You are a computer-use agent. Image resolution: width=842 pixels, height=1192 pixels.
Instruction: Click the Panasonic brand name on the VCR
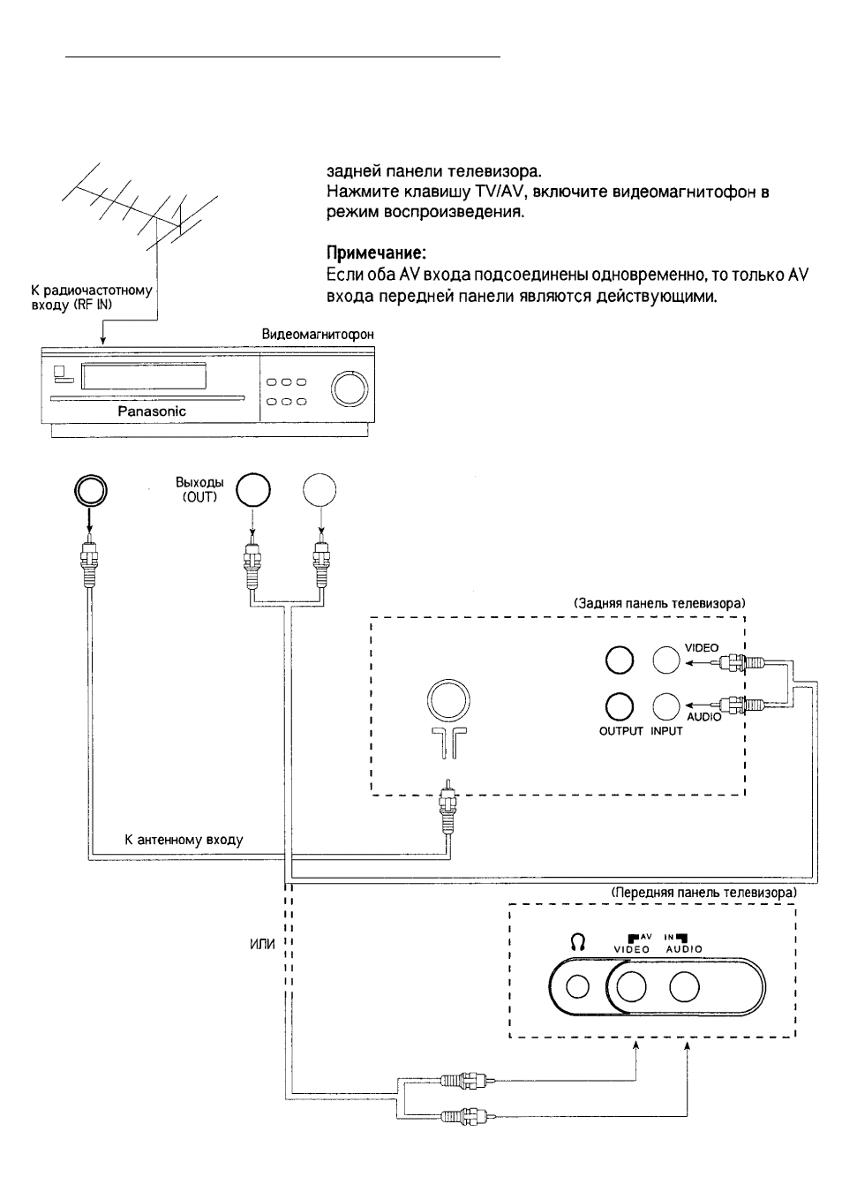(152, 411)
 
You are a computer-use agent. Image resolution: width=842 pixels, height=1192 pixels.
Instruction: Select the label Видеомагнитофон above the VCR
(318, 334)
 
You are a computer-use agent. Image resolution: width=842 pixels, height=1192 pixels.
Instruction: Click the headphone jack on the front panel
(577, 987)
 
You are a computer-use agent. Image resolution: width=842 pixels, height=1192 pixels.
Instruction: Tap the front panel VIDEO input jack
(631, 986)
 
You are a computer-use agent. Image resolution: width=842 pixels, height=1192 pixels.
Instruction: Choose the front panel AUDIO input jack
(684, 986)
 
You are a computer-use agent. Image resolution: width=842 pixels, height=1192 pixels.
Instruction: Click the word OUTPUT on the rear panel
(620, 731)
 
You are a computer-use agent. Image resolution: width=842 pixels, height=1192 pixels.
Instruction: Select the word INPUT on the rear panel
(666, 731)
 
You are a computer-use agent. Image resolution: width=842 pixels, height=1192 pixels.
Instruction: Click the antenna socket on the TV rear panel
(448, 700)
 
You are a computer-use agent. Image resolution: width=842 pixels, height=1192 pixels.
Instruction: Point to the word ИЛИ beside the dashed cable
(262, 945)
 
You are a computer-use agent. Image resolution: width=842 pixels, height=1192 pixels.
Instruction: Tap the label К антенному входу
(184, 840)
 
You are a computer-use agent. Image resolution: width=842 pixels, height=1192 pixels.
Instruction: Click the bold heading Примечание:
(376, 252)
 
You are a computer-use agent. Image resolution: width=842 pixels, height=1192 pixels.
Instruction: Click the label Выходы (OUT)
(199, 489)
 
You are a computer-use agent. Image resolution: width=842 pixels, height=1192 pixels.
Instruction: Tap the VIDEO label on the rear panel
(702, 647)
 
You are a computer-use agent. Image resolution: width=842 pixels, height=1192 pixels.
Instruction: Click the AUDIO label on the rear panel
(704, 717)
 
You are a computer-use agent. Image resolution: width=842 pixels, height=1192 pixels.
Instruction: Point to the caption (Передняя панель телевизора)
(703, 893)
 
